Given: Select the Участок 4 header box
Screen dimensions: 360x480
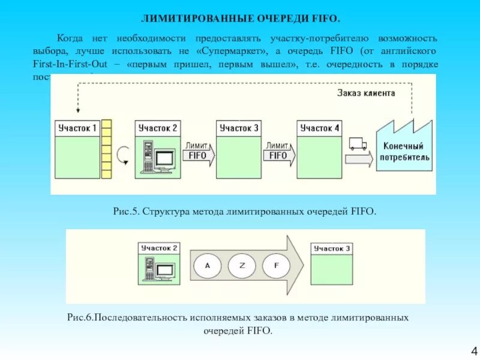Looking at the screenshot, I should pos(319,128).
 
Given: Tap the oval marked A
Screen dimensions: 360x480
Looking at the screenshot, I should pos(208,265).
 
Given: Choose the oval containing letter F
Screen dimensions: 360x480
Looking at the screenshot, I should pos(276,265).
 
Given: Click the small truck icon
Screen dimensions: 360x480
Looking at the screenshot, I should pos(358,144).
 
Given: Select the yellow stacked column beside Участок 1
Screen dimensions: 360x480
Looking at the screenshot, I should pos(107,149).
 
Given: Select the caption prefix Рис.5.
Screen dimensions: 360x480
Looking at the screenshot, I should pos(126,211).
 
